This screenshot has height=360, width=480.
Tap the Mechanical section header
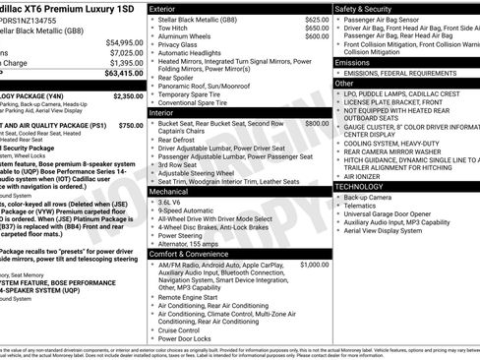169,192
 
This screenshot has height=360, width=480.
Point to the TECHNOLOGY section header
359,186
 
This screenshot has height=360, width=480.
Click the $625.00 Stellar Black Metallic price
317,20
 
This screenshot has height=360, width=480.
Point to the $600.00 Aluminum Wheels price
317,36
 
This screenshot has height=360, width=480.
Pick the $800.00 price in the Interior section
317,124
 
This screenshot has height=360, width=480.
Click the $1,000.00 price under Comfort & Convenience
315,265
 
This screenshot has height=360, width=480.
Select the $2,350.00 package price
128,96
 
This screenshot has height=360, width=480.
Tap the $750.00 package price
130,126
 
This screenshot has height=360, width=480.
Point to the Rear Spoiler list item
178,78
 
